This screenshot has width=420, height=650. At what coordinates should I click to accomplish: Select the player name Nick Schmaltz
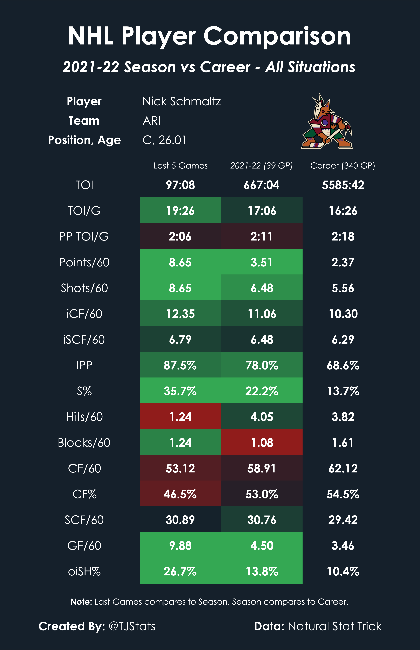(182, 101)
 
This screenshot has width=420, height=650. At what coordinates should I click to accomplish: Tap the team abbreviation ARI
(152, 121)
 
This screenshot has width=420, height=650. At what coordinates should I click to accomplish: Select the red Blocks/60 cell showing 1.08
(262, 442)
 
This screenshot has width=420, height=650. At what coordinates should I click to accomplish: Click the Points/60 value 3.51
(262, 262)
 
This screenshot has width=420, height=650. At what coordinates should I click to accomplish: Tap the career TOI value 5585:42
(343, 185)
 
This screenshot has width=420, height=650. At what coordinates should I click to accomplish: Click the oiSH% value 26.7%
(180, 571)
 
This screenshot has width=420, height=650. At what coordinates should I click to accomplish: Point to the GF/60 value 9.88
(180, 545)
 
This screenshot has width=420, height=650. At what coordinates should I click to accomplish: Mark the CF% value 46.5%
(180, 494)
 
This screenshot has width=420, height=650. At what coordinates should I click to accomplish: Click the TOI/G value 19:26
(180, 211)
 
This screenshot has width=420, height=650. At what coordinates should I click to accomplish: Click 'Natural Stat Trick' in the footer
(334, 626)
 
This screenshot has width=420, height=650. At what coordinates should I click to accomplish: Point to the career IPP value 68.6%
(343, 365)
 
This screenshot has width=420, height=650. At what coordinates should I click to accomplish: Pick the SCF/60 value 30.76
(262, 520)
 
